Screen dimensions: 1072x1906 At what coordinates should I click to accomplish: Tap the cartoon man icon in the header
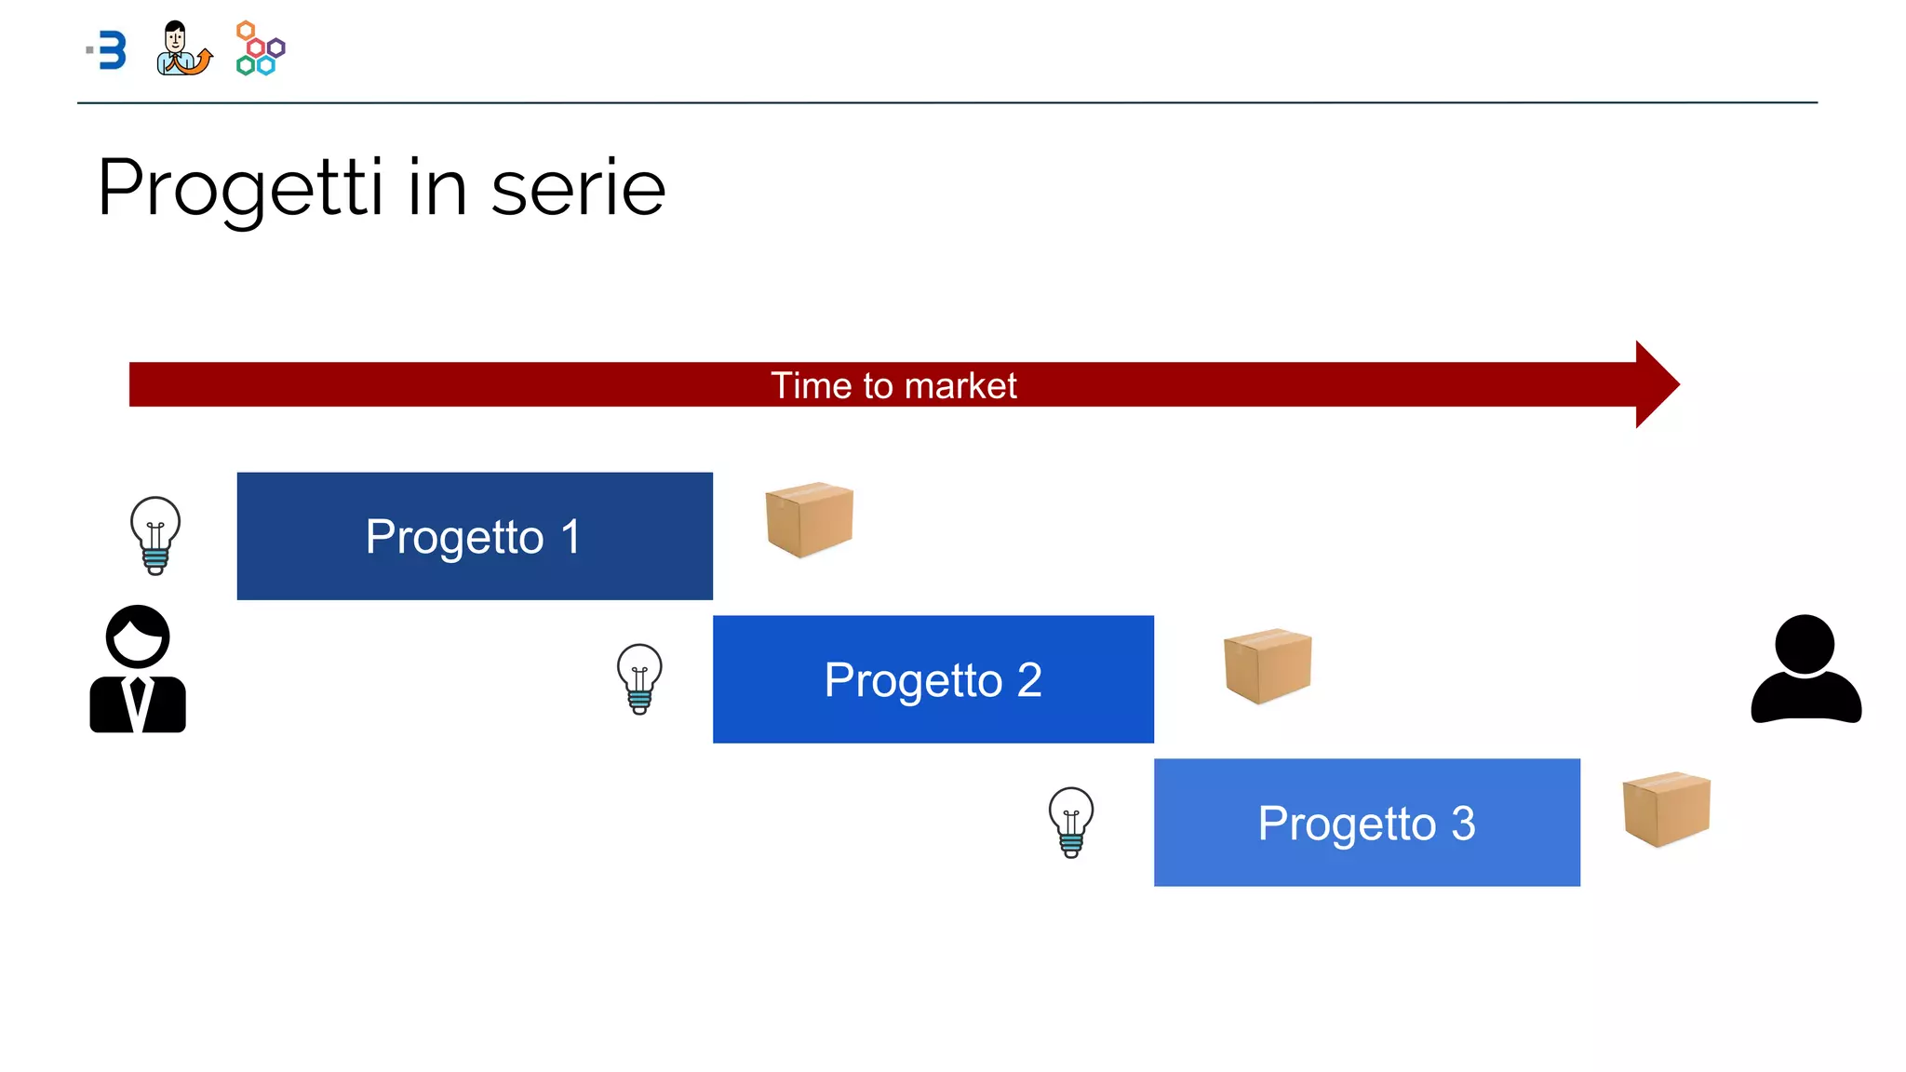(x=181, y=48)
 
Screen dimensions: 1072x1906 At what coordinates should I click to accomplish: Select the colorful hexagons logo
(x=260, y=48)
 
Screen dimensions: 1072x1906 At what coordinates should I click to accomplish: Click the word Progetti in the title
(x=240, y=189)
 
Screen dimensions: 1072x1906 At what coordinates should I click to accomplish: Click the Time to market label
(x=893, y=385)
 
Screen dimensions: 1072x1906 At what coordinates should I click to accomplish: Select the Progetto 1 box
(x=475, y=536)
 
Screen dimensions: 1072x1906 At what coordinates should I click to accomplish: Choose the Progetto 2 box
(x=933, y=679)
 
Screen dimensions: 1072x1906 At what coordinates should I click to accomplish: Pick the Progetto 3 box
(x=1366, y=823)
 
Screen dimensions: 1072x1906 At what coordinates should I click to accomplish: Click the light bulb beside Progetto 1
(x=155, y=535)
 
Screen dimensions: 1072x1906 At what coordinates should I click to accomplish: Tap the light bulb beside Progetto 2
(x=639, y=678)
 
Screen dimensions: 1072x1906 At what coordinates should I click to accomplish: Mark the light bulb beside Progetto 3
(x=1071, y=822)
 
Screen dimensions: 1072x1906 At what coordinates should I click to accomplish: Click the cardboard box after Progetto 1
(x=809, y=519)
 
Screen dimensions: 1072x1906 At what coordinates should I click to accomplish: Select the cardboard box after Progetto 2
(x=1268, y=665)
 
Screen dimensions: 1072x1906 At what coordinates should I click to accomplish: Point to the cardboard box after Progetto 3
(x=1666, y=809)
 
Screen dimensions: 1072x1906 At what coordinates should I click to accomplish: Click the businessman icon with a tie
(x=138, y=670)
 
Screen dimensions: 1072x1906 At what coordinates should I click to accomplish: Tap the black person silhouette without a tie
(x=1805, y=670)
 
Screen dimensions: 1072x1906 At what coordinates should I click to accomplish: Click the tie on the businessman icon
(x=138, y=703)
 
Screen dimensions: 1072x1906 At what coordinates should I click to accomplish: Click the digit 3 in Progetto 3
(x=1463, y=824)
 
